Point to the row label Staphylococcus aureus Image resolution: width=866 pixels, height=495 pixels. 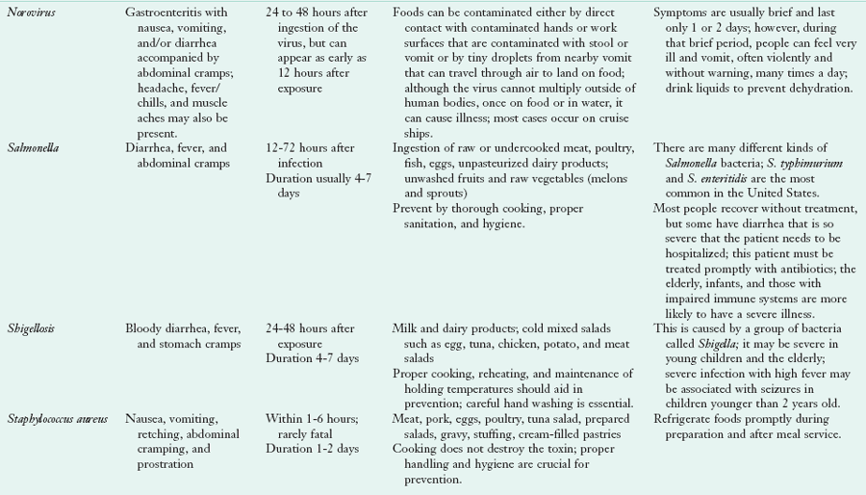coord(57,420)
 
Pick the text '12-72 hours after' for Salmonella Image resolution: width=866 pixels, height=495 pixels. coord(312,147)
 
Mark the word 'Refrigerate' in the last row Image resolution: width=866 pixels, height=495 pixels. coord(685,420)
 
